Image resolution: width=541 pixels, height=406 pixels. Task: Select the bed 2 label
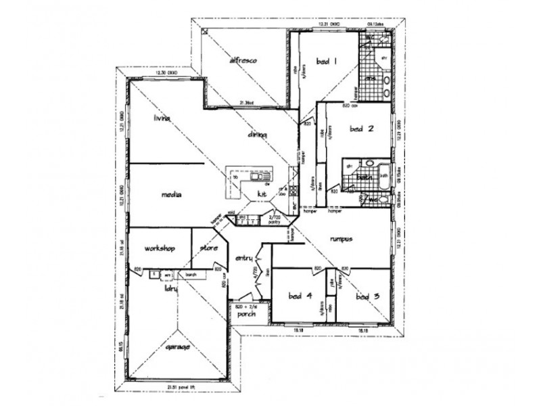pos(362,128)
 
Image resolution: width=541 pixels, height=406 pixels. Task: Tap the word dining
pos(257,135)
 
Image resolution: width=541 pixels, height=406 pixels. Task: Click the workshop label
pos(160,248)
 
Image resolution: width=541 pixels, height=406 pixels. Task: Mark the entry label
pos(243,258)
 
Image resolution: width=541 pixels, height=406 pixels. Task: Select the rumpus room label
pos(343,239)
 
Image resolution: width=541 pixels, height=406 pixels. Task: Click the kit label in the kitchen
pos(262,194)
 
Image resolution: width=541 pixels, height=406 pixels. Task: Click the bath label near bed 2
pos(364,177)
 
